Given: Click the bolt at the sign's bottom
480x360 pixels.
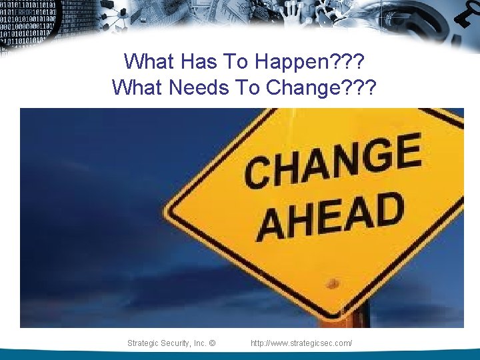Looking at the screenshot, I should coord(333,284).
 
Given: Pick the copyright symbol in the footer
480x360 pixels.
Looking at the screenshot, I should coord(212,343).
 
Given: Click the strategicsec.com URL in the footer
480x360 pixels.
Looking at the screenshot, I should coord(301,343).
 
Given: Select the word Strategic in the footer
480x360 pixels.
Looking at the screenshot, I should coord(143,343).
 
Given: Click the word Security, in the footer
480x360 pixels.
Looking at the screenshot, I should coord(177,343).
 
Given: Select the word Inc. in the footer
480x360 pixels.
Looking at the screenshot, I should coord(200,343).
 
